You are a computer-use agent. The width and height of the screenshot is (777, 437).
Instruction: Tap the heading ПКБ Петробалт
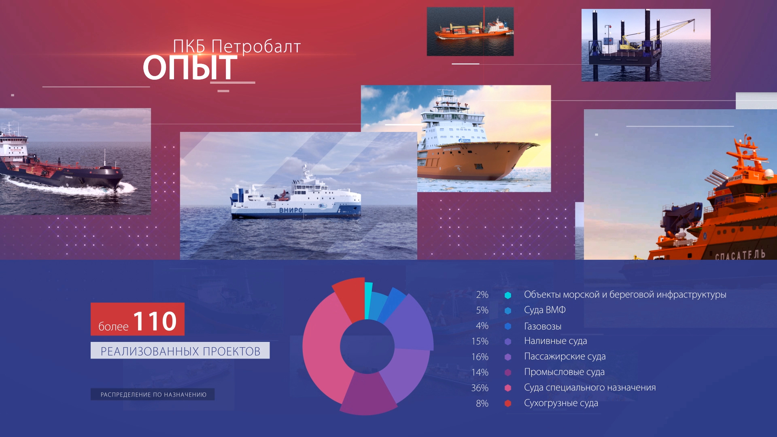[x=237, y=47]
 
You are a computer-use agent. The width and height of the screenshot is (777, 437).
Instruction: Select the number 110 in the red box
[x=155, y=321]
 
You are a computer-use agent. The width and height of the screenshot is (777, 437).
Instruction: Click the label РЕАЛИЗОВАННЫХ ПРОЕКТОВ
[x=180, y=351]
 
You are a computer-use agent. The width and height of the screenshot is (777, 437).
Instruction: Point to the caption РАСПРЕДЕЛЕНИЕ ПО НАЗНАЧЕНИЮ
[x=153, y=395]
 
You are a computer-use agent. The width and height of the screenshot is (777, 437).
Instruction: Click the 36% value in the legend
[x=480, y=388]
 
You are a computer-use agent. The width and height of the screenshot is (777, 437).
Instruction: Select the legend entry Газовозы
[x=543, y=326]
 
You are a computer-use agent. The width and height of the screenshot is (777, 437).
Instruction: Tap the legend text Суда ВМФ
[x=545, y=310]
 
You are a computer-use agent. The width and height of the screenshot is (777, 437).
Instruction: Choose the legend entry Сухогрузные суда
[x=561, y=403]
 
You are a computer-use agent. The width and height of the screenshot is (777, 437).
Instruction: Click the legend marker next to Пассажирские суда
[x=508, y=357]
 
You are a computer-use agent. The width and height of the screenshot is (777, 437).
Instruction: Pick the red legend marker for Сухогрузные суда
[x=508, y=403]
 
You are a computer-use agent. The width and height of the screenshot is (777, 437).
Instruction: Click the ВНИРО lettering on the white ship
[x=291, y=210]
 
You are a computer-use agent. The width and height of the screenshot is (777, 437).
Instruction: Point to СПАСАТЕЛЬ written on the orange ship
[x=740, y=255]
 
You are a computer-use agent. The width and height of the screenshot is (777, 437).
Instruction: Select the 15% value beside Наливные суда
[x=480, y=341]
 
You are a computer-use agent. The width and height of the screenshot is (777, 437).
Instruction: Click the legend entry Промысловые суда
[x=564, y=372]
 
